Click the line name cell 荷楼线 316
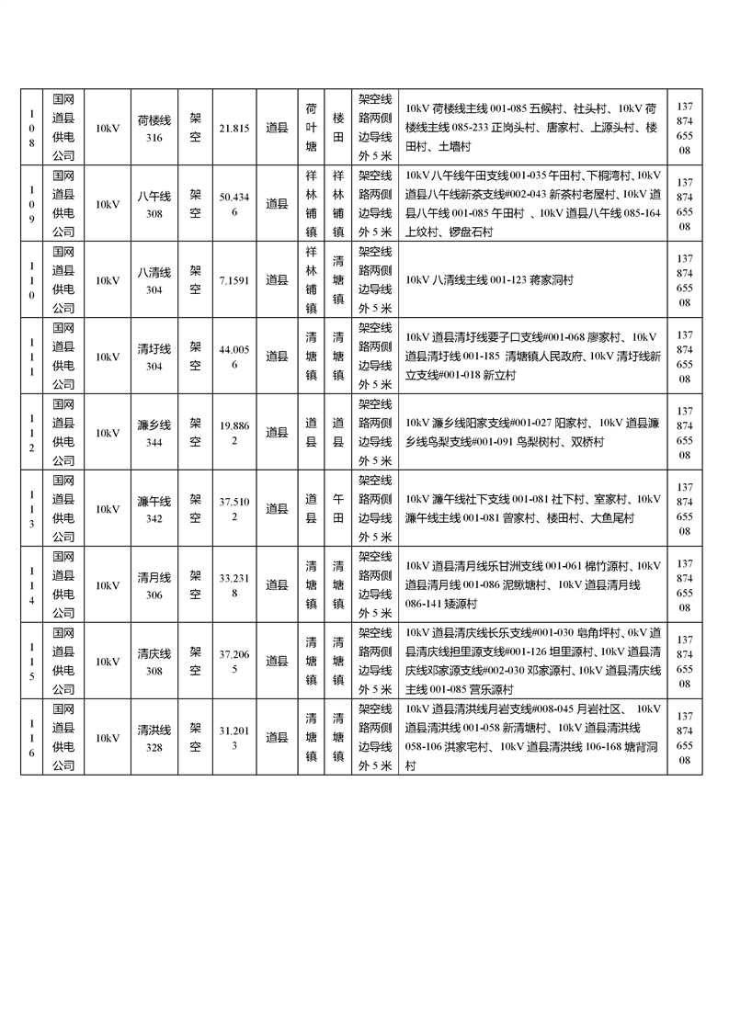(x=154, y=129)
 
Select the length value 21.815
(x=234, y=129)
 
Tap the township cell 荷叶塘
(x=311, y=128)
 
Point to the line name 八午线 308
(x=154, y=205)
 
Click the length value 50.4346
(x=234, y=205)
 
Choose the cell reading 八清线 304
(x=154, y=280)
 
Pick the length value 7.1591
(x=234, y=280)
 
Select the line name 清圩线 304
(x=154, y=357)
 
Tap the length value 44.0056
(x=234, y=357)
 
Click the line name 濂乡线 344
(x=154, y=433)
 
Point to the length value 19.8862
(x=234, y=433)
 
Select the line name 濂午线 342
(x=154, y=509)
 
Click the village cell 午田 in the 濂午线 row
(x=338, y=509)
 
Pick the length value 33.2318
(x=234, y=585)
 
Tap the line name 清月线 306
(x=154, y=585)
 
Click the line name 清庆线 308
(x=154, y=662)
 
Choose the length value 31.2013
(x=234, y=737)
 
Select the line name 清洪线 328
(x=154, y=737)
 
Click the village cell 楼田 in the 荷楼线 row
(x=338, y=128)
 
